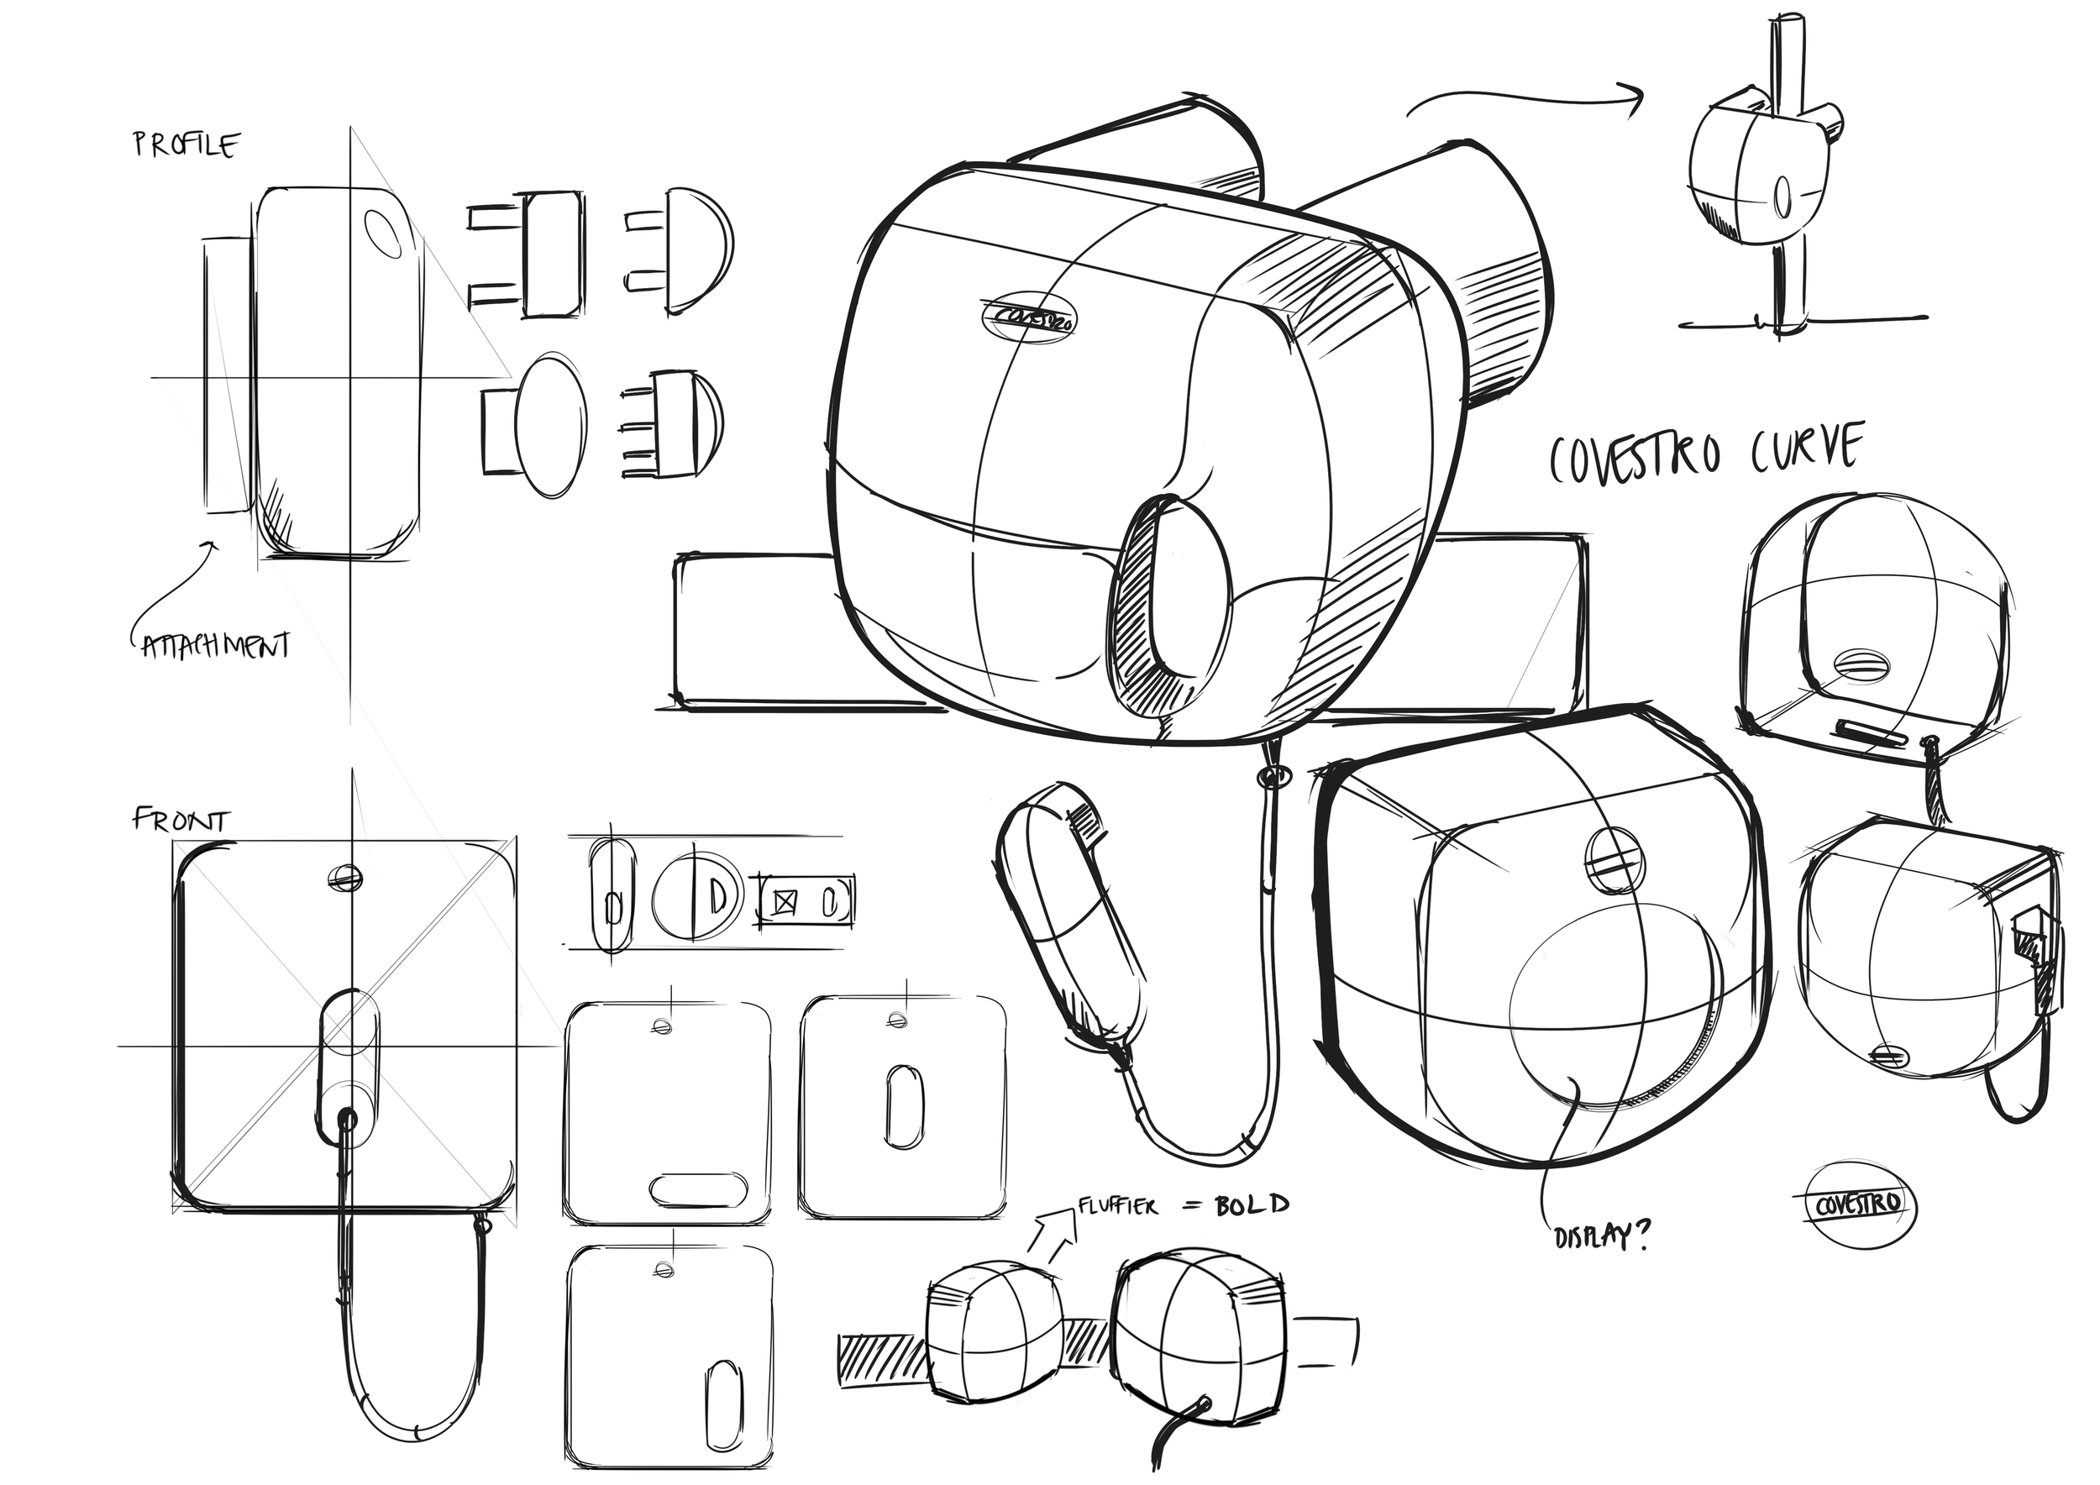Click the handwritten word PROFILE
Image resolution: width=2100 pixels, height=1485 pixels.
[186, 145]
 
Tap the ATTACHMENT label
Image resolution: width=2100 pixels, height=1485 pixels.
[217, 647]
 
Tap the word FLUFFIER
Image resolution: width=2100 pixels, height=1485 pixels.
[1118, 1206]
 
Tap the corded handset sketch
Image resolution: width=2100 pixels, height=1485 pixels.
[1070, 915]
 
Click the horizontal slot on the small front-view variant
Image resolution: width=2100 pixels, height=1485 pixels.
[696, 1189]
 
